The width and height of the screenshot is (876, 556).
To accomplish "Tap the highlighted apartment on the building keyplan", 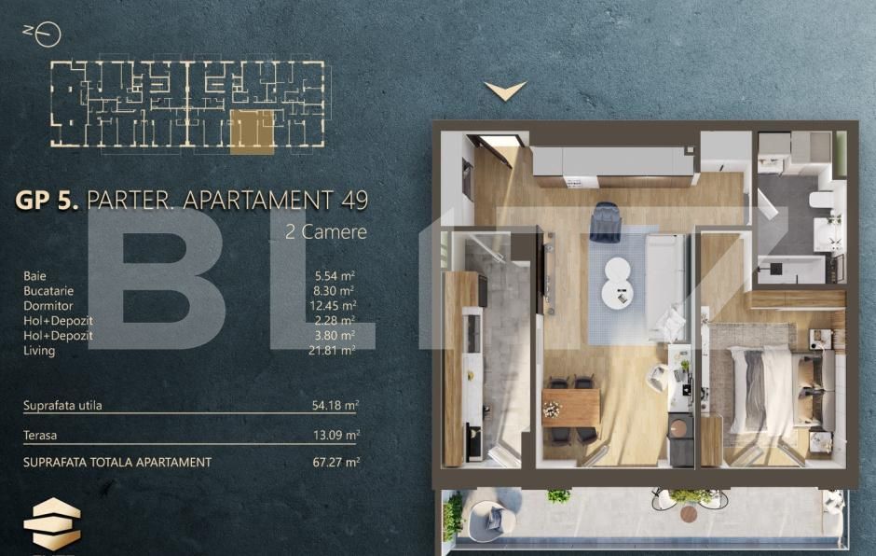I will tap(252, 131).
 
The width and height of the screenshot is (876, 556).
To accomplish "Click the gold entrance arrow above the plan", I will tap(505, 90).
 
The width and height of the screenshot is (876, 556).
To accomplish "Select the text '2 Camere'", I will tap(325, 231).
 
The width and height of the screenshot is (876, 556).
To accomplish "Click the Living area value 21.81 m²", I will tap(335, 351).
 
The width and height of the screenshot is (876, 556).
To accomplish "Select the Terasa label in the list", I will tap(40, 435).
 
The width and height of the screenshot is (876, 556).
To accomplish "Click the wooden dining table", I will tap(570, 408).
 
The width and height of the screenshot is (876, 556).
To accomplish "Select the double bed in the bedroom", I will tap(762, 389).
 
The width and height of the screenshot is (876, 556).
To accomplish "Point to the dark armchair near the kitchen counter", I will tap(604, 219).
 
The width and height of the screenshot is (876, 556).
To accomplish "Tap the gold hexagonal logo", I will tap(52, 524).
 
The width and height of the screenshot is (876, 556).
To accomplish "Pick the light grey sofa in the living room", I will tap(665, 280).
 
